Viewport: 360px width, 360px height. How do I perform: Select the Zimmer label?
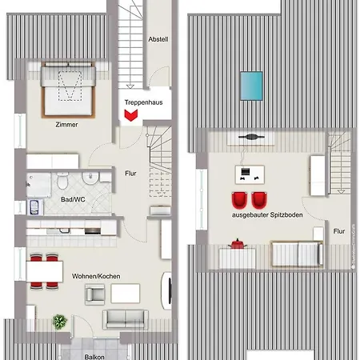(x=66, y=125)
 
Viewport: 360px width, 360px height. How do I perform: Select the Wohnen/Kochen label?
(x=96, y=276)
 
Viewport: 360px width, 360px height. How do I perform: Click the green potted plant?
(x=59, y=322)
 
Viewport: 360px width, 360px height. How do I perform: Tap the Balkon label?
(x=94, y=353)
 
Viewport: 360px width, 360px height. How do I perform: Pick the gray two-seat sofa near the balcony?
(x=124, y=319)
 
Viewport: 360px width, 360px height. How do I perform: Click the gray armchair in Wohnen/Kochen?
(x=94, y=294)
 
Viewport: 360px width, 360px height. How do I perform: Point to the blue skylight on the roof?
(x=251, y=82)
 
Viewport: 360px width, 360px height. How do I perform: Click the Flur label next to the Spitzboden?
(x=339, y=231)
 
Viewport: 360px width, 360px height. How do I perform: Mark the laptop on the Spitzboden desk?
(x=250, y=170)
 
